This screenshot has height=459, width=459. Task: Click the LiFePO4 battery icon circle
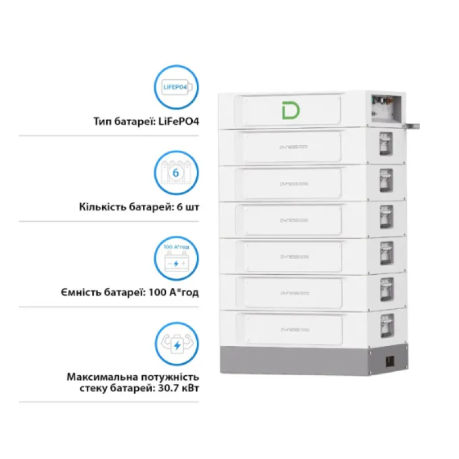click(x=177, y=87)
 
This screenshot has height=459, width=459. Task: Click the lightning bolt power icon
click(x=177, y=344)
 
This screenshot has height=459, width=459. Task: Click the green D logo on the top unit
click(x=290, y=109)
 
